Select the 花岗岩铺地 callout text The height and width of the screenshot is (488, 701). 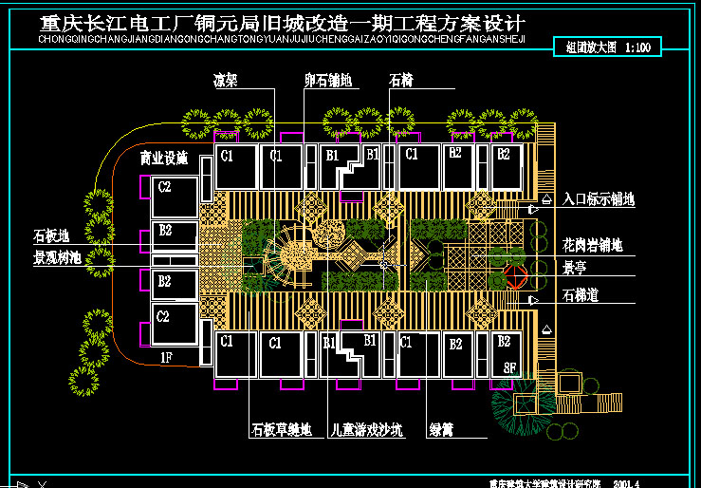click(x=591, y=246)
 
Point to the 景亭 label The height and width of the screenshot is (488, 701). click(x=574, y=269)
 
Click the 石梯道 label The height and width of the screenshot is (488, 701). click(x=580, y=295)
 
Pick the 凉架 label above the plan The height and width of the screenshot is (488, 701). click(x=226, y=82)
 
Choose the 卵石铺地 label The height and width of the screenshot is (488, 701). click(x=328, y=82)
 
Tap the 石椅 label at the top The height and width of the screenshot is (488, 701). click(x=401, y=82)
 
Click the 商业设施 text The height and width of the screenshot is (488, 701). click(x=164, y=158)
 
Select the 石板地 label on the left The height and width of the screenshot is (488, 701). click(x=51, y=236)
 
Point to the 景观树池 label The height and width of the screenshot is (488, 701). click(x=58, y=257)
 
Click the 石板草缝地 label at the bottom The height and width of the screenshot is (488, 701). click(x=281, y=430)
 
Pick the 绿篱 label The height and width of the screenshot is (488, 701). click(x=440, y=430)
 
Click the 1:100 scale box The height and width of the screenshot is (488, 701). click(x=607, y=47)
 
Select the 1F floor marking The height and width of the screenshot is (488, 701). click(x=166, y=357)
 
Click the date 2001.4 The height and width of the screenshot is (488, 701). click(x=627, y=482)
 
